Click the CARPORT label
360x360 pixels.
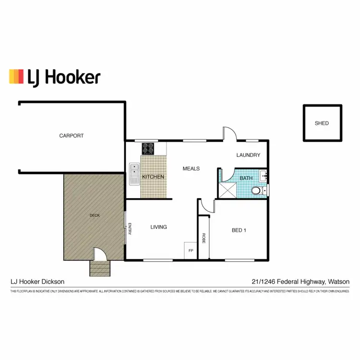click(72, 136)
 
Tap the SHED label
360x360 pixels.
click(322, 123)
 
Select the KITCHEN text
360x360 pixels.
click(153, 177)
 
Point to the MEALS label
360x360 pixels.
click(191, 168)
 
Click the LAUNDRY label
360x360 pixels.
click(248, 155)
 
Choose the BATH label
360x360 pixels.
click(246, 179)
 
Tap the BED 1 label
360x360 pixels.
click(239, 230)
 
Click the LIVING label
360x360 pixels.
click(158, 227)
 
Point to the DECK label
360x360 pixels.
click(95, 216)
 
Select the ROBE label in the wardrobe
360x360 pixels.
click(204, 239)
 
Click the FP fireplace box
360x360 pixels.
click(191, 251)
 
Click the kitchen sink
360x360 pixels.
click(134, 174)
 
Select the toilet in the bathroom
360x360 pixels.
click(258, 192)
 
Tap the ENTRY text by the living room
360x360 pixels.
click(130, 229)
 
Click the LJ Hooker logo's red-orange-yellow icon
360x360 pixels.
click(16, 76)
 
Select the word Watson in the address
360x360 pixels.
click(339, 282)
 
